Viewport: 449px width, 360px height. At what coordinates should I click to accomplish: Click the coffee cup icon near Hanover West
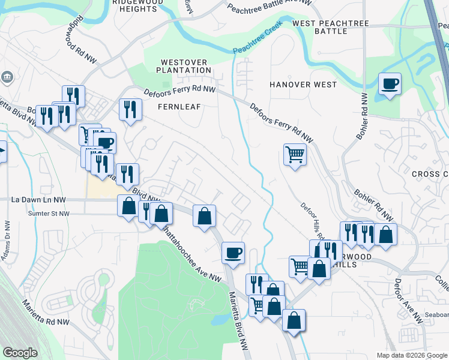click(x=390, y=85)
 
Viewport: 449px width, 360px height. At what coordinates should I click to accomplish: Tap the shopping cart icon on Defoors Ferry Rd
click(x=295, y=155)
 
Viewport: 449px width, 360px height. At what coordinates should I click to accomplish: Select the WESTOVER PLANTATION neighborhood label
click(x=184, y=66)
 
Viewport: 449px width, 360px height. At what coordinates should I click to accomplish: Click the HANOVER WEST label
click(x=303, y=85)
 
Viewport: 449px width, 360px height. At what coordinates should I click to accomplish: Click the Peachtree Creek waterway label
click(x=258, y=41)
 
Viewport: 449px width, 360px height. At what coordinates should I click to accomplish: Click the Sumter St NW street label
click(x=49, y=213)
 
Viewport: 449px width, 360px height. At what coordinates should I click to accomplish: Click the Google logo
click(x=20, y=353)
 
